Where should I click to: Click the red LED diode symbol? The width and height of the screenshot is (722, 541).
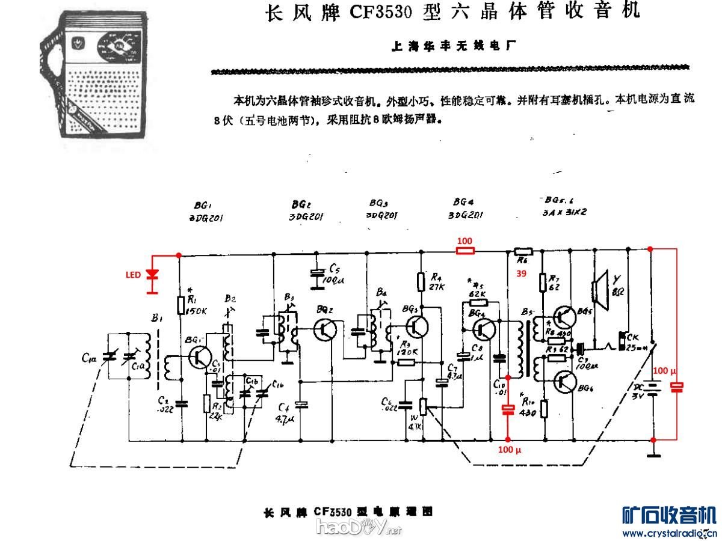point(153,275)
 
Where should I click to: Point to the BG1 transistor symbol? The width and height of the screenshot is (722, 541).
point(198,357)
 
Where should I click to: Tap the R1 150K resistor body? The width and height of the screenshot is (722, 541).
point(180,305)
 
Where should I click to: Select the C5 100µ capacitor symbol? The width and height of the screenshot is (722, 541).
point(317,274)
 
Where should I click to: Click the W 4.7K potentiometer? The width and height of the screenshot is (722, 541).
point(423,407)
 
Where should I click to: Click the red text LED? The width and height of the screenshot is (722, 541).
point(133,275)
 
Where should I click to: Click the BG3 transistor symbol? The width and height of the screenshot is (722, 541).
point(416,326)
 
